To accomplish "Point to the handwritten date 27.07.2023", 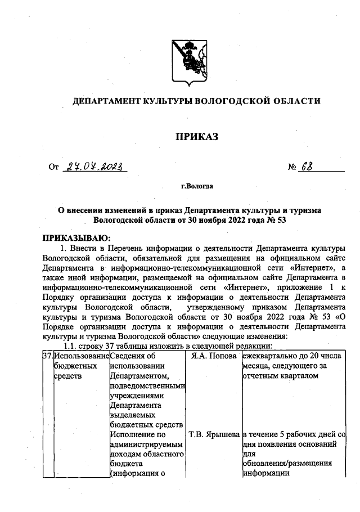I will (x=95, y=166).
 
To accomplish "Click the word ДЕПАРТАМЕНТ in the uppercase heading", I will (x=106, y=101).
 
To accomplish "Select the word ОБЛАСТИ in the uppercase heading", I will (x=295, y=101).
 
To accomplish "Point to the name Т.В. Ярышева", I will (x=213, y=435).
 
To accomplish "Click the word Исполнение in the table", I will (x=133, y=435).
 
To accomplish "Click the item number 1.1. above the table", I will (x=73, y=345).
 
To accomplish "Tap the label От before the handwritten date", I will (x=54, y=167).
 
